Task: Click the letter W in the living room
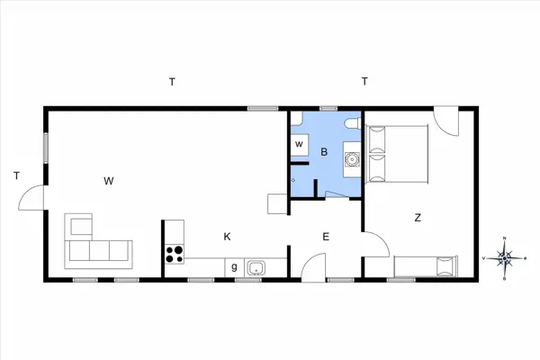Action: click(x=108, y=181)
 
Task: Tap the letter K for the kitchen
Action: click(x=228, y=237)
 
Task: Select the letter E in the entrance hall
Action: click(x=326, y=237)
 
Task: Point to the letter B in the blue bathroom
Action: click(x=323, y=152)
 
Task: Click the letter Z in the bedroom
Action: click(x=418, y=217)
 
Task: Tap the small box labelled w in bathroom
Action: click(x=299, y=144)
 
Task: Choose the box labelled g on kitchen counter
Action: click(x=234, y=266)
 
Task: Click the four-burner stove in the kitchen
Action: click(x=175, y=254)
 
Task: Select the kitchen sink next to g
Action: click(x=256, y=266)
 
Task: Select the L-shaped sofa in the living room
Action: click(x=94, y=244)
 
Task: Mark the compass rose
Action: click(x=506, y=258)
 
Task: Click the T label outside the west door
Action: click(x=16, y=175)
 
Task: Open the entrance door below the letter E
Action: click(x=312, y=267)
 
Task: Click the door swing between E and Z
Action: click(x=375, y=244)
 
